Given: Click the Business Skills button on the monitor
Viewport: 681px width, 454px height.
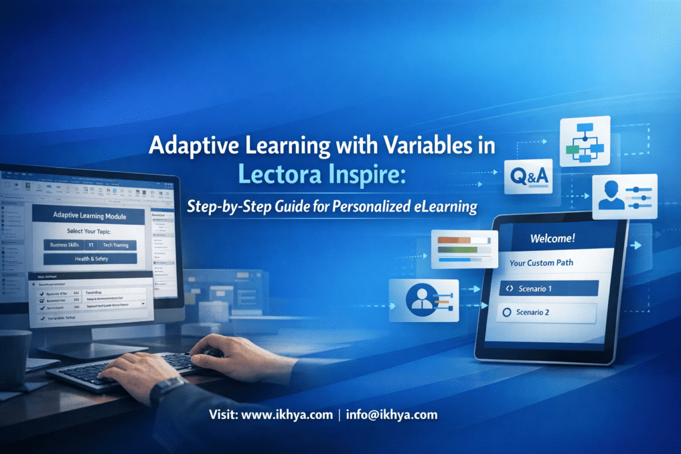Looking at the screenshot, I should tap(64, 245).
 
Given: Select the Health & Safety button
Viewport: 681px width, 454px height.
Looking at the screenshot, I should tap(90, 259).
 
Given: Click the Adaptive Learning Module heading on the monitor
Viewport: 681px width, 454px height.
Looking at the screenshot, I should tap(90, 216).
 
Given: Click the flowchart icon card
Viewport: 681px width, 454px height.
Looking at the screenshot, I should tap(585, 141).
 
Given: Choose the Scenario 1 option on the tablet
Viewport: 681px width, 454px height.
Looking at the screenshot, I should tap(547, 288).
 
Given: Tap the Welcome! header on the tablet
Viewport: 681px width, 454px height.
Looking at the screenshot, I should tap(552, 238).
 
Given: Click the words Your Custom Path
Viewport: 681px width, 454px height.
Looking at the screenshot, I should tap(541, 263).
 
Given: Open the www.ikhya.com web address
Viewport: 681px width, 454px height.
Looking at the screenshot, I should tap(287, 415).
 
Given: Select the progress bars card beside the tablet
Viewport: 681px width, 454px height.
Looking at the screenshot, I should tap(464, 249).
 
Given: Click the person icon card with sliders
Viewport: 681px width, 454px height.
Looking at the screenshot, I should tap(624, 196).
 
